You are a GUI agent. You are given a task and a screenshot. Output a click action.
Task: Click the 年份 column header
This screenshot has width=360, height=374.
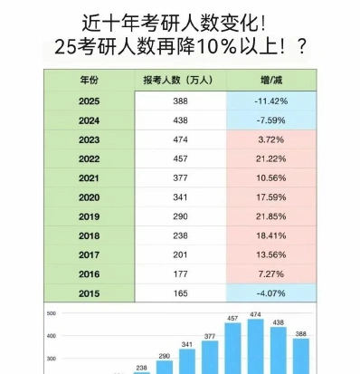coord(89,81)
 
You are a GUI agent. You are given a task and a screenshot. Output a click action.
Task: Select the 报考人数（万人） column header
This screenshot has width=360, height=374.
coord(177,81)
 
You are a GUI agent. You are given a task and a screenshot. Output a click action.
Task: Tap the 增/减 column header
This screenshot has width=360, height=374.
coord(271,81)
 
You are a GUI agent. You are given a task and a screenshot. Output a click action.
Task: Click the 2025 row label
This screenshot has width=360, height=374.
coord(89,101)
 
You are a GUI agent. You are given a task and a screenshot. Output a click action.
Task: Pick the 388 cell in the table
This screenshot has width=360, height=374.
coord(180,101)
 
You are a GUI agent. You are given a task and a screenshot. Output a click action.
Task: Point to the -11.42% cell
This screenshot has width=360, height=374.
coord(271,101)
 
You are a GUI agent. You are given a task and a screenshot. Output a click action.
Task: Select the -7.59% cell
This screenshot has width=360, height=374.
coord(271,120)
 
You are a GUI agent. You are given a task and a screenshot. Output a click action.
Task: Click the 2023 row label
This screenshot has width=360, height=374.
coord(89,139)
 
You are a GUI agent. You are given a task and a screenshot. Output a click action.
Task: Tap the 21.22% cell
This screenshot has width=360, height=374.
coord(271,158)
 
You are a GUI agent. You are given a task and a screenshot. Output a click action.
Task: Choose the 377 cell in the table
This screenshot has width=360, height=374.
coord(180,178)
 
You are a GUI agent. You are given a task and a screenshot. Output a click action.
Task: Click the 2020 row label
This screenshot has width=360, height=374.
coord(89,197)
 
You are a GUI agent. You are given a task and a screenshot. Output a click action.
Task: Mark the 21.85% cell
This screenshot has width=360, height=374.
coord(271,216)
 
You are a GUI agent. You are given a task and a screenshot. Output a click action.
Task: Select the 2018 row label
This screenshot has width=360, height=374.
coord(89,235)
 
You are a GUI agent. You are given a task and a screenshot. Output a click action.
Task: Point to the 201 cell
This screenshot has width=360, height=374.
coord(180,255)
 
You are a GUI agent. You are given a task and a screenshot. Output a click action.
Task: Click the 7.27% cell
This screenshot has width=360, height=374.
coord(271,274)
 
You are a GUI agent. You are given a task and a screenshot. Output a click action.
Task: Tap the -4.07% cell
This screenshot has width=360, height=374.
coord(271,293)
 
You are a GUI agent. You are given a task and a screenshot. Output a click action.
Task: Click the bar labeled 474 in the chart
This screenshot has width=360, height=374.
coord(256,346)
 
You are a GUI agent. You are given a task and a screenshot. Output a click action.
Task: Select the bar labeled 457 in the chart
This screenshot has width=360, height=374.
coord(232,349)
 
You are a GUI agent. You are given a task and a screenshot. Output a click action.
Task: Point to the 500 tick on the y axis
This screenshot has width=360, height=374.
coord(52,313)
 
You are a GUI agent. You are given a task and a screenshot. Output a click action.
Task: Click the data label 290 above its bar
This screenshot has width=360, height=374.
coord(165,356)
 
